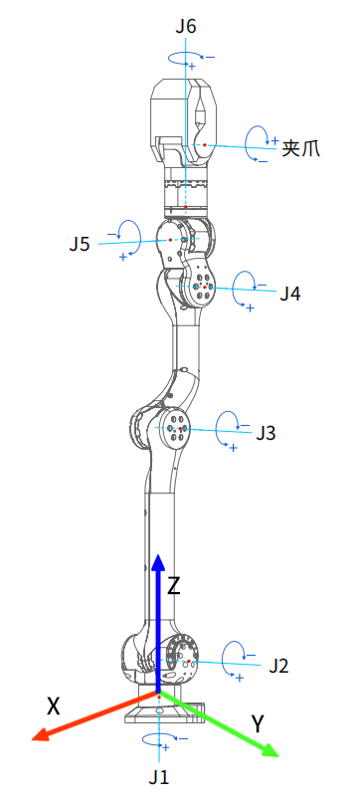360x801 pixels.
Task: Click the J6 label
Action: point(186,27)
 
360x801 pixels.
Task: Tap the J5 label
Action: point(80,244)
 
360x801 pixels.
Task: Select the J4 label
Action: point(290,294)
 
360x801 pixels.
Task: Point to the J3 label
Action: point(266,433)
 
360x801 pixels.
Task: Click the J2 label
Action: point(278,666)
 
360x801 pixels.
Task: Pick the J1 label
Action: point(159,777)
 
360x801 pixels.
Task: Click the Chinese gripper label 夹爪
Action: point(300,148)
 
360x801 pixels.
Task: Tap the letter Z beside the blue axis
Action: point(174,586)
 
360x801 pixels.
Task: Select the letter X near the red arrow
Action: point(54,706)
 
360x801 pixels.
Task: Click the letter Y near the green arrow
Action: point(258,723)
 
